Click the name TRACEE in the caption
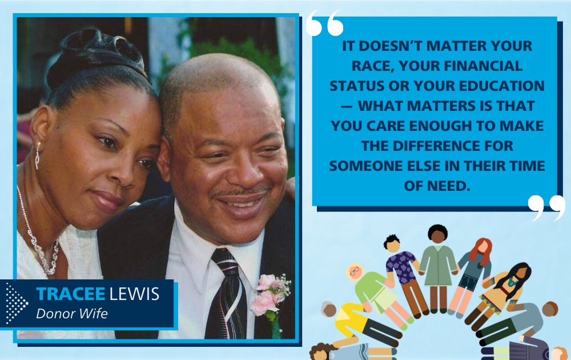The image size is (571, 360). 70,294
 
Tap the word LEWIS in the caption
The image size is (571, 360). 134,294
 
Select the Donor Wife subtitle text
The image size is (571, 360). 72,313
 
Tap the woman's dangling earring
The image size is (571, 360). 38,155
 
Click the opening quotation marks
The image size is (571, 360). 324,23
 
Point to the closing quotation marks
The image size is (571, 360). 546,207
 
